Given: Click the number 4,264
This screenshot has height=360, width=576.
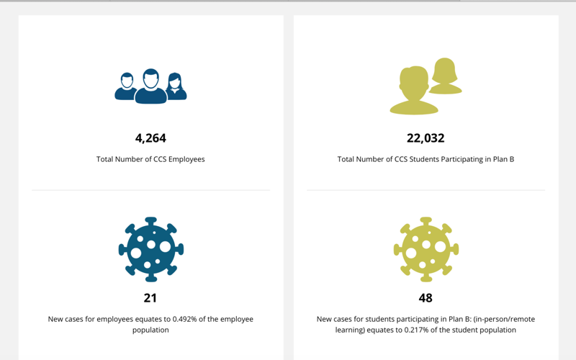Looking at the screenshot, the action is [150, 138].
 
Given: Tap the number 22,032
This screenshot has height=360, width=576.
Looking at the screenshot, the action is [426, 138].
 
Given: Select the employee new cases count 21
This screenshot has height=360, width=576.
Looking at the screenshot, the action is [150, 298].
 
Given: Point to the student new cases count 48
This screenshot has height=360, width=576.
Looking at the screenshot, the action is [426, 298].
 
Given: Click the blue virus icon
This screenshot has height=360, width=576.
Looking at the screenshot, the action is [151, 249].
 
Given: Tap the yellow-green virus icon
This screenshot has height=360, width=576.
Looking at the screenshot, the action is [426, 249].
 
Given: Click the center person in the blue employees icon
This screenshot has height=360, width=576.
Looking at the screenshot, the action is [151, 86].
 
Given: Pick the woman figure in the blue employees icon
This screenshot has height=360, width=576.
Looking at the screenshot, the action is [176, 86].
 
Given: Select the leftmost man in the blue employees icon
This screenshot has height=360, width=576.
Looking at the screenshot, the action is [125, 86].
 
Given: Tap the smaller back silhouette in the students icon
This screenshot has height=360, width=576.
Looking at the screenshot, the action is [445, 76].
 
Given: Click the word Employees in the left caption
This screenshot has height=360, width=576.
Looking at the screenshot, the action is [186, 159].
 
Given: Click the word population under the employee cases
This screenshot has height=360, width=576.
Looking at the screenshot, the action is [150, 330].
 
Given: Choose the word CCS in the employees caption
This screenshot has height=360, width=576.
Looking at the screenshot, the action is [160, 159].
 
